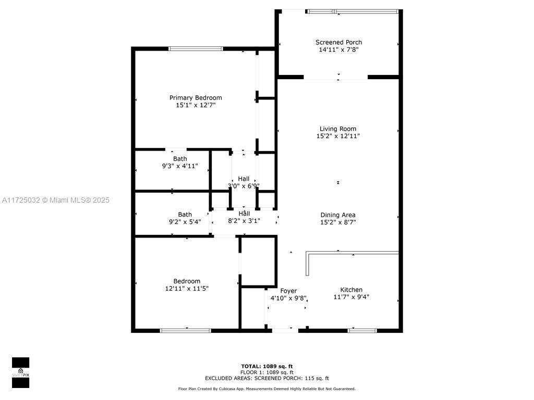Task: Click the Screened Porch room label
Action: coord(338,42)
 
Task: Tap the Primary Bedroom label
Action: coord(196,97)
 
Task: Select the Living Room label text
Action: coord(338,129)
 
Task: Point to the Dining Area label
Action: coord(338,215)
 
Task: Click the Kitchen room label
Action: coord(351,290)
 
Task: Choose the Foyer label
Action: coord(288,291)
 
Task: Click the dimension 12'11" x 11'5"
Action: coord(187,289)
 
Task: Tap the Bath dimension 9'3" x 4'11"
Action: coord(180,166)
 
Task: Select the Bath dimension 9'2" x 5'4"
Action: coord(185,222)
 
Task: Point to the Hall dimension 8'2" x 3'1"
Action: coord(244,221)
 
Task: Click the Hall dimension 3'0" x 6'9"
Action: coord(244,186)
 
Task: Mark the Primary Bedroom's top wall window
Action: coord(196,48)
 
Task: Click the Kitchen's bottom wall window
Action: coord(362,331)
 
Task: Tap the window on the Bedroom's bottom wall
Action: coord(185,331)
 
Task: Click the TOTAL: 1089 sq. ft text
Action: coord(267,366)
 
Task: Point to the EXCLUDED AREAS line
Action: coord(267,378)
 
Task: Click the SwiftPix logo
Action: coord(20,372)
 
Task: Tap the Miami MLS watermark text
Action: coord(55,201)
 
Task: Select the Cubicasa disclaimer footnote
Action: coord(267,389)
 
